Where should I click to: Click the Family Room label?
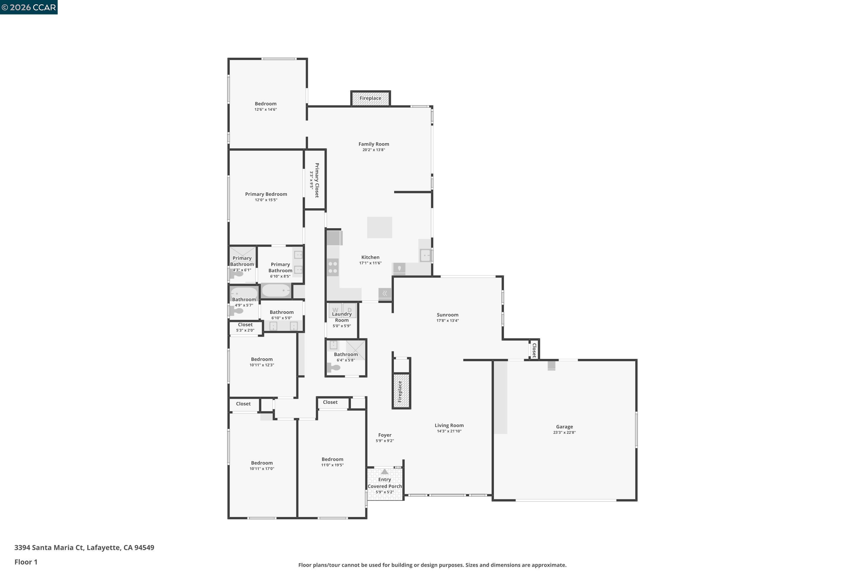(x=374, y=144)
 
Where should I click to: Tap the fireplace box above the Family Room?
(x=370, y=98)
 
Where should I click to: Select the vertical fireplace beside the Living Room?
(x=401, y=391)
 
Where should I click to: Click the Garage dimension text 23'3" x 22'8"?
(x=564, y=433)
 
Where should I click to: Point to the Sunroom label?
(x=447, y=315)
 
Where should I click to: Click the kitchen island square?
(x=379, y=227)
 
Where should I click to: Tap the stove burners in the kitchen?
(x=333, y=267)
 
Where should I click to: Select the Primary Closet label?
(x=317, y=180)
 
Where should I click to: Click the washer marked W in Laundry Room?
(x=335, y=310)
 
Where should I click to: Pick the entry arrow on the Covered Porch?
(x=384, y=472)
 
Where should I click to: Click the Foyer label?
(x=385, y=435)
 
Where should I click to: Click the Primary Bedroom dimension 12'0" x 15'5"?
(x=266, y=200)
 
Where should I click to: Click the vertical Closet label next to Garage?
(x=534, y=350)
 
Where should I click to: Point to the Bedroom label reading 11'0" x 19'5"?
(x=332, y=460)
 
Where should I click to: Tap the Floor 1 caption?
(x=26, y=562)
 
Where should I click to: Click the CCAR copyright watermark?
(x=29, y=8)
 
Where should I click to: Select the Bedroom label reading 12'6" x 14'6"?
(x=266, y=104)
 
